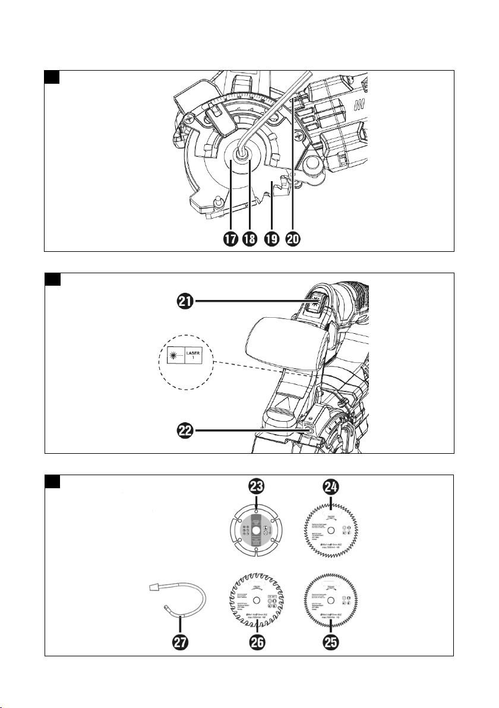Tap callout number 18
point(251,239)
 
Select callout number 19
point(272,239)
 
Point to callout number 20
point(293,239)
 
